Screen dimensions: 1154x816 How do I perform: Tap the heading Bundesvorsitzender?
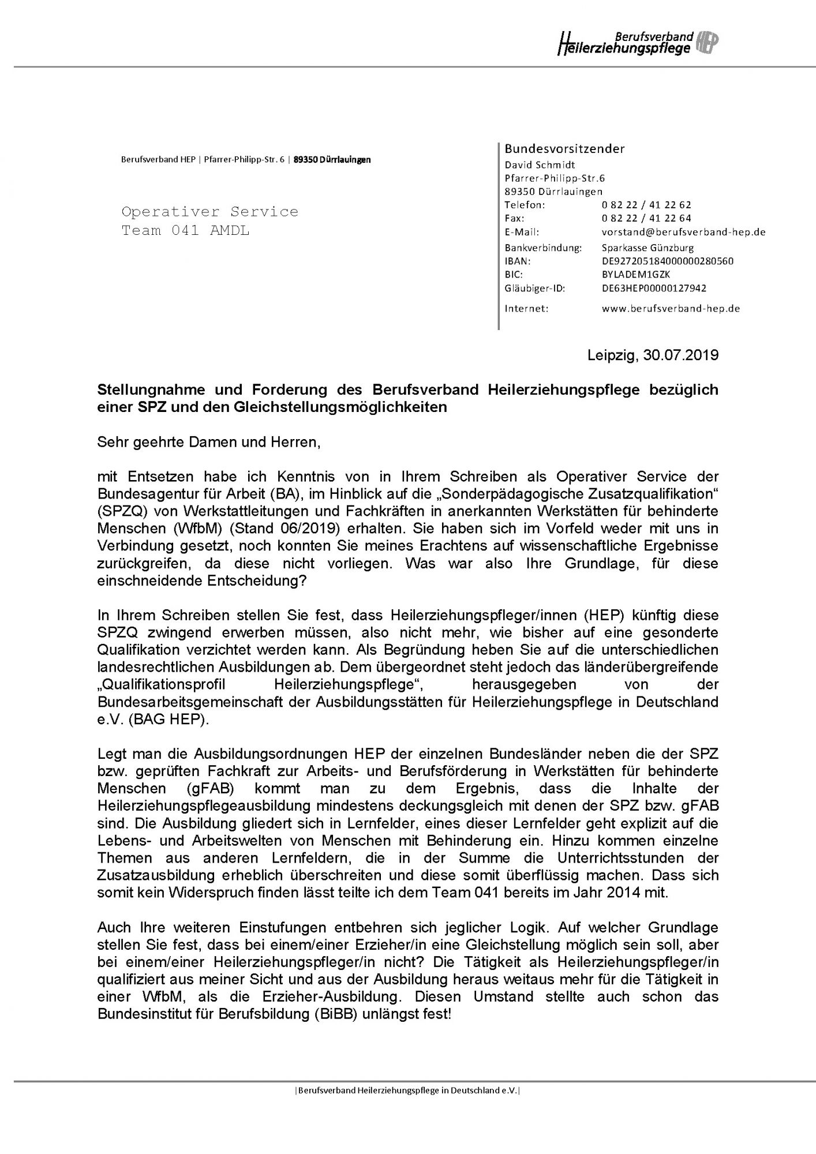click(x=564, y=149)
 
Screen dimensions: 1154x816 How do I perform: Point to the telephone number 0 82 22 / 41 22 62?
click(x=646, y=205)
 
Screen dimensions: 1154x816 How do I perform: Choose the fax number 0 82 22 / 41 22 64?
click(x=646, y=218)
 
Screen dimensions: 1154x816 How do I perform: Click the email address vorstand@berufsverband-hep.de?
click(x=683, y=232)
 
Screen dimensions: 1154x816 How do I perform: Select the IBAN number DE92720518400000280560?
click(x=667, y=261)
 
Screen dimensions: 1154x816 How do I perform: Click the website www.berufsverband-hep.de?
click(x=670, y=308)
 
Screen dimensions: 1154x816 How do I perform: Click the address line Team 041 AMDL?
click(x=185, y=231)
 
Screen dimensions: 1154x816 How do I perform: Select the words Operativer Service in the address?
click(x=209, y=212)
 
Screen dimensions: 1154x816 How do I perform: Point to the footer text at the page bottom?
click(x=407, y=1091)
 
